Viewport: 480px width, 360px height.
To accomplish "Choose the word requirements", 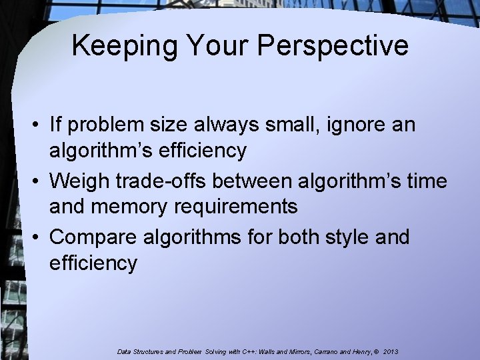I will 237,207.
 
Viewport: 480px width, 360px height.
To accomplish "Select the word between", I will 265,181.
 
